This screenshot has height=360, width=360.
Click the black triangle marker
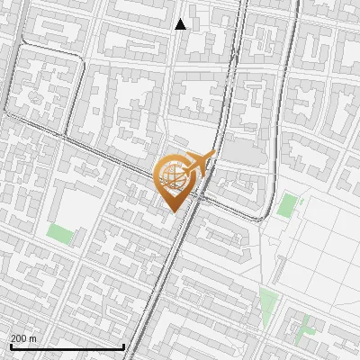181,24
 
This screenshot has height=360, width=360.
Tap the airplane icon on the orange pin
198,163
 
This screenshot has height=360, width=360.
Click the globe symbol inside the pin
172,176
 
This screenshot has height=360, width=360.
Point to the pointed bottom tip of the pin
172,212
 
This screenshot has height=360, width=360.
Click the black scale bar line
67,346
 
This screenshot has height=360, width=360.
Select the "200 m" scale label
23,338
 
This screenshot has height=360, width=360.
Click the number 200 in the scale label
19,338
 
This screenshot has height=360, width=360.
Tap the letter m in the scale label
33,338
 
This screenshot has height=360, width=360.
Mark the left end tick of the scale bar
10,345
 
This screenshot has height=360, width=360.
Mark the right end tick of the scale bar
123,345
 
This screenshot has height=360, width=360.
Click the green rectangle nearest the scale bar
60,234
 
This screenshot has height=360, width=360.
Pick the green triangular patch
268,301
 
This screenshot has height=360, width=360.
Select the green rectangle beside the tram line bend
286,205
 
